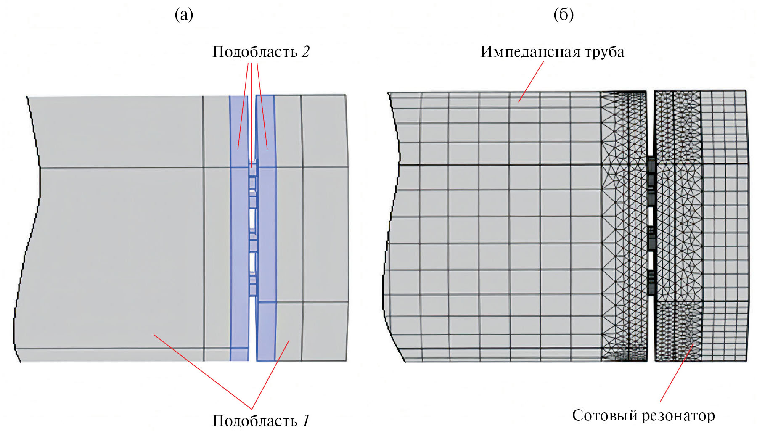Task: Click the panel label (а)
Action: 184,15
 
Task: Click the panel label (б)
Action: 564,15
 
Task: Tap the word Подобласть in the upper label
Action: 255,52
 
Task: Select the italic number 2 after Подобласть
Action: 305,52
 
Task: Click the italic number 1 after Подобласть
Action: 306,420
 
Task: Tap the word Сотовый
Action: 605,415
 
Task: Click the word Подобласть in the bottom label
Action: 255,420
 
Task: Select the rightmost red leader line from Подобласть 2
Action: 262,105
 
